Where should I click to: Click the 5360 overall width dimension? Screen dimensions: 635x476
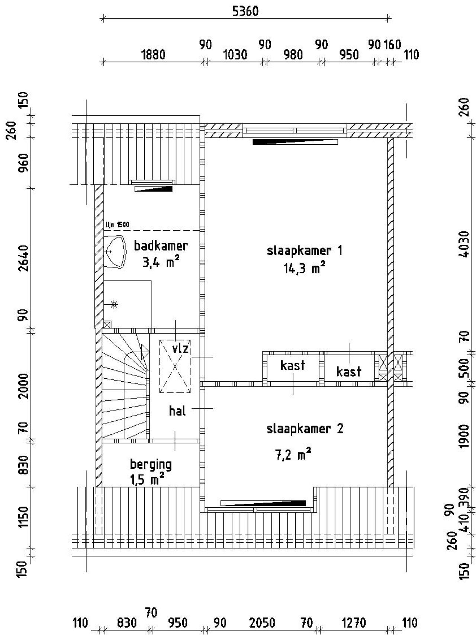coord(245,11)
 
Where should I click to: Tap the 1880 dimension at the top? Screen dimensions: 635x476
coord(153,55)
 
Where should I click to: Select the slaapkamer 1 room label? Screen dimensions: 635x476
coord(305,250)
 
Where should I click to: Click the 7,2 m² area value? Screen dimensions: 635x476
coord(293,455)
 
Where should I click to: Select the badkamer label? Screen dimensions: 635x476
coord(161,246)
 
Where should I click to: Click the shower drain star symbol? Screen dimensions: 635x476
coord(114,305)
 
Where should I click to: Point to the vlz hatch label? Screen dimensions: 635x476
coord(181,349)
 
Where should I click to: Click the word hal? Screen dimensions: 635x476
coord(177,411)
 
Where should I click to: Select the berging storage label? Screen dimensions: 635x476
coord(151,464)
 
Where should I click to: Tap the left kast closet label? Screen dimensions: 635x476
coord(293,365)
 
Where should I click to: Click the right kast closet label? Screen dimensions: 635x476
coord(348,371)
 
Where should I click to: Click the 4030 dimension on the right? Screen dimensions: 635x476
coord(464,244)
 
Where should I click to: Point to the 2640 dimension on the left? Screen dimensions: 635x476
coord(23,258)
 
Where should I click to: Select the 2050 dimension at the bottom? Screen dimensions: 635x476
coord(262,622)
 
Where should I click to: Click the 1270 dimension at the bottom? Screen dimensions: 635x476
coord(354,622)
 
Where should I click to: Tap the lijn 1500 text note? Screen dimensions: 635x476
coord(118,225)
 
